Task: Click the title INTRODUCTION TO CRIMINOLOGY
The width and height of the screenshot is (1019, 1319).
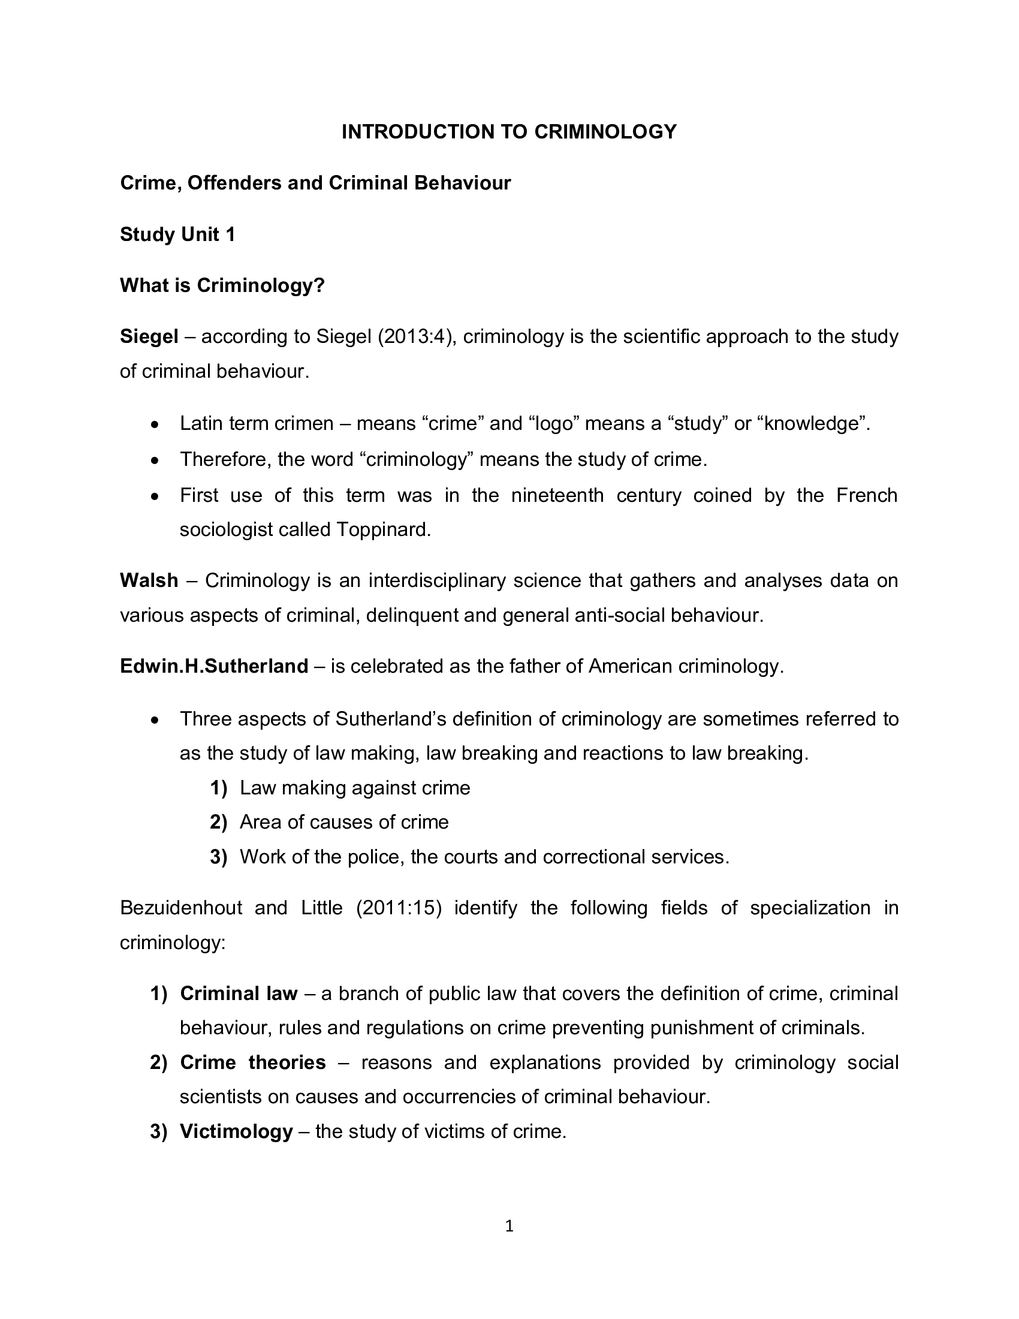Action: (x=509, y=132)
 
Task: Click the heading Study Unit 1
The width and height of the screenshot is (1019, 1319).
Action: (x=177, y=234)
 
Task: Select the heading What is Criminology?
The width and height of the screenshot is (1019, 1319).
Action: (x=222, y=285)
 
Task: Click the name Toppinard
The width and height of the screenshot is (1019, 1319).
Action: (x=384, y=529)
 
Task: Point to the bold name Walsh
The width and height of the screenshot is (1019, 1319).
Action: (x=149, y=580)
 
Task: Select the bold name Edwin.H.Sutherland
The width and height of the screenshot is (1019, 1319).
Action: (x=215, y=666)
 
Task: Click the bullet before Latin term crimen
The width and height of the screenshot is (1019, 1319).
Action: (x=156, y=426)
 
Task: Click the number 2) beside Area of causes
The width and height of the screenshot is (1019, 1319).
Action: (x=218, y=822)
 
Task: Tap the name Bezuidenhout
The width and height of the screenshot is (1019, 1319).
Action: (x=181, y=908)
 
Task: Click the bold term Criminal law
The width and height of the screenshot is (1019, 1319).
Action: (x=239, y=993)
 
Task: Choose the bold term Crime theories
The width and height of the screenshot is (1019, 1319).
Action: (x=252, y=1062)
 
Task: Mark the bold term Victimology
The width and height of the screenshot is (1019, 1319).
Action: (x=236, y=1131)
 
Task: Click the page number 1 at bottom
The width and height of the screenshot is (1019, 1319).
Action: (x=509, y=1226)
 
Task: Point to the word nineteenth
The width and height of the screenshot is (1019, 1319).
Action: (x=557, y=495)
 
